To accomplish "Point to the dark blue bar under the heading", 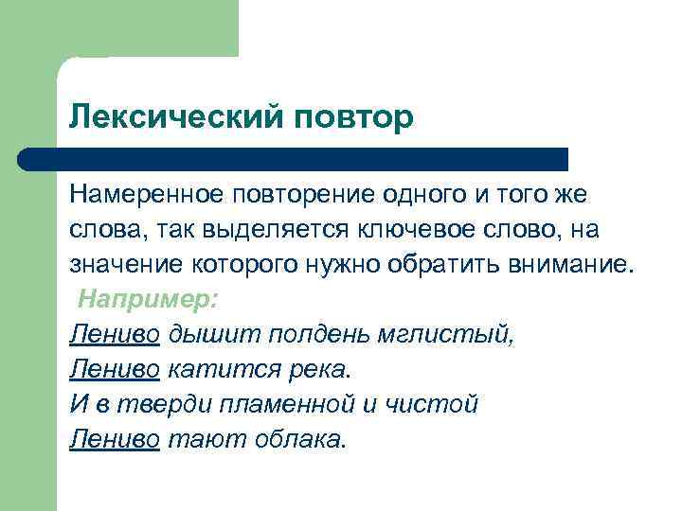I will tap(294, 158).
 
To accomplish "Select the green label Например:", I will tap(148, 300).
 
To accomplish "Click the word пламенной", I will tap(302, 404).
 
